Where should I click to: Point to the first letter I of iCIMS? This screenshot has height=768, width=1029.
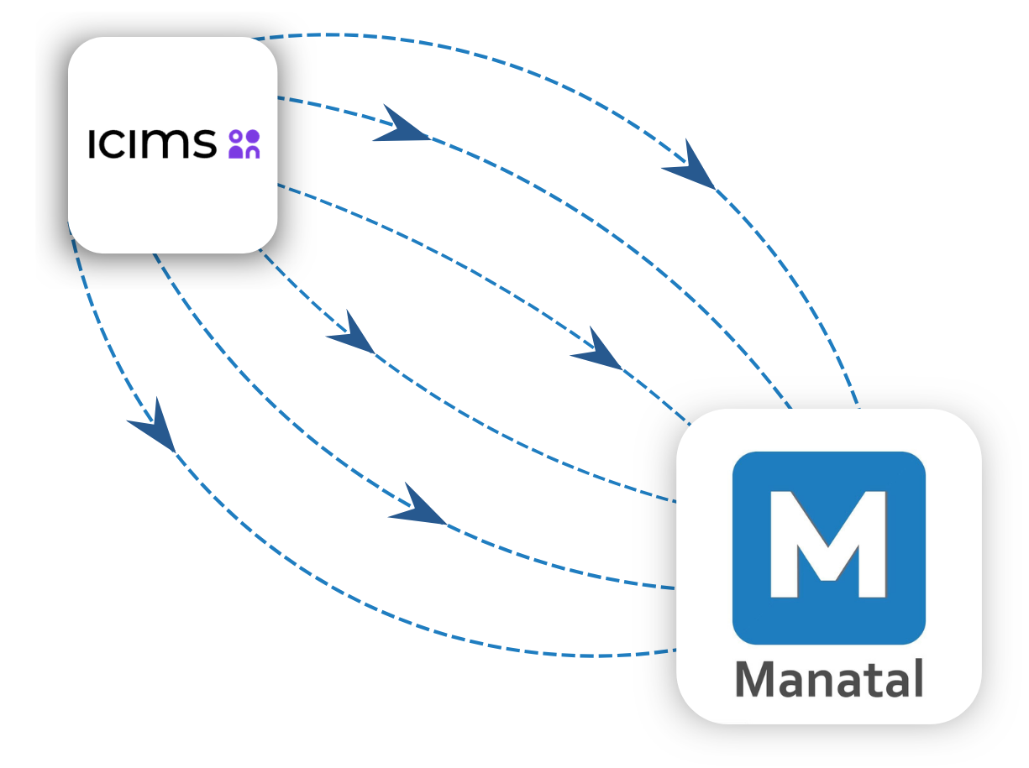tap(92, 144)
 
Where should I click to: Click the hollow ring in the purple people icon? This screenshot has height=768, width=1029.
tap(235, 136)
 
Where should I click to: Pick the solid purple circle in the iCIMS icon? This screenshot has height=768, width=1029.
tap(252, 136)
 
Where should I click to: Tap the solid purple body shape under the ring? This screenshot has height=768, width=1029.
tap(235, 152)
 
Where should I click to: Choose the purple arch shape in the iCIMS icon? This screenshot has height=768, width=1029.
tap(252, 152)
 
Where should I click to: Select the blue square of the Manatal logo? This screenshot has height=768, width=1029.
tap(756, 621)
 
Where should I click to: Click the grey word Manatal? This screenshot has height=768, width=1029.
tap(829, 680)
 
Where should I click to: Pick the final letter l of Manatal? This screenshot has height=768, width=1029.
tap(917, 678)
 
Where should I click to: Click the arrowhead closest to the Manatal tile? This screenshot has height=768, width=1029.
tap(598, 351)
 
